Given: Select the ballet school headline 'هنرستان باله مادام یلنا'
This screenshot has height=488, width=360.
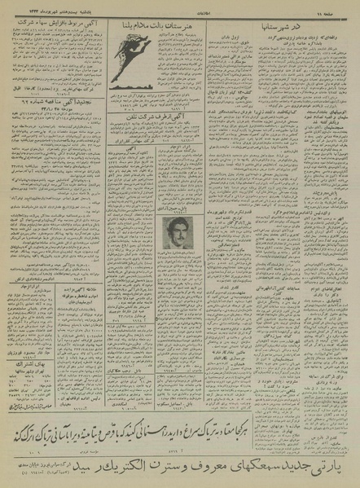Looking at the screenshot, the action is [x=154, y=29].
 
